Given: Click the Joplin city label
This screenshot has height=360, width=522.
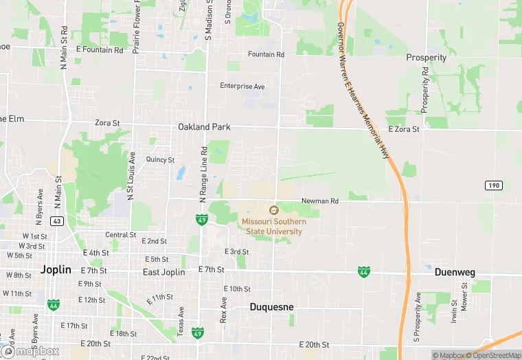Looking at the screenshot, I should click(x=56, y=270).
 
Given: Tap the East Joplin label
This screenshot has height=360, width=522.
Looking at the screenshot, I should click(x=164, y=272).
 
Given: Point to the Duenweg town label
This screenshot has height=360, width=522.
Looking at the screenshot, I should click(x=455, y=272).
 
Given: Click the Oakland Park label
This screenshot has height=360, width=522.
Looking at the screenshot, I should click(x=204, y=127).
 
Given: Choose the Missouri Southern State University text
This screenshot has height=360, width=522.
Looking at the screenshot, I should click(x=272, y=227).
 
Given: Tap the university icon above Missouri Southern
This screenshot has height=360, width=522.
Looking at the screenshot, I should click(x=273, y=210).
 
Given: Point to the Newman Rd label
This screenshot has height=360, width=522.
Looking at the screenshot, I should click(x=320, y=201).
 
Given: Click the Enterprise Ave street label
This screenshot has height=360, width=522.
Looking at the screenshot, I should click(x=242, y=87).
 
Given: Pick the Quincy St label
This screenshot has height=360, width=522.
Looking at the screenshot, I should click(x=160, y=159).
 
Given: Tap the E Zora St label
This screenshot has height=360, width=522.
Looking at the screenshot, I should click(x=403, y=129).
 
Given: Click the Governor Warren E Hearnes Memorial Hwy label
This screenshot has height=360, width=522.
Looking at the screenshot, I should click(x=364, y=89).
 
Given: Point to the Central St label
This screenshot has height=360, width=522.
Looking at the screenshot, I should click(x=120, y=235).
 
